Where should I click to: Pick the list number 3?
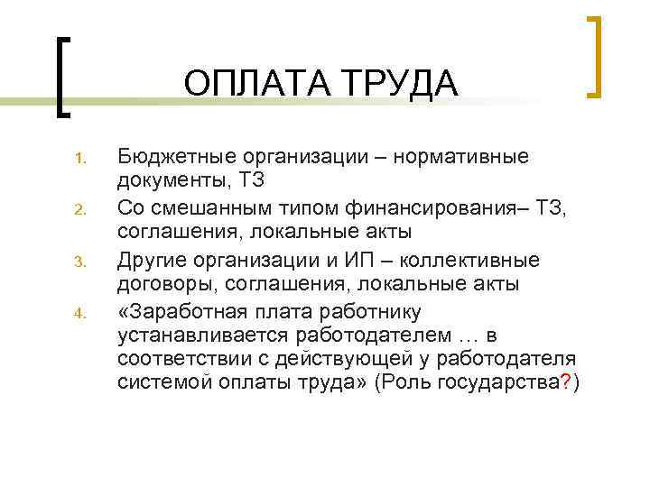pyautogui.click(x=79, y=264)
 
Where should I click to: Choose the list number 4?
pyautogui.click(x=79, y=315)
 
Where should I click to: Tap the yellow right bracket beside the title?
pyautogui.click(x=593, y=56)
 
